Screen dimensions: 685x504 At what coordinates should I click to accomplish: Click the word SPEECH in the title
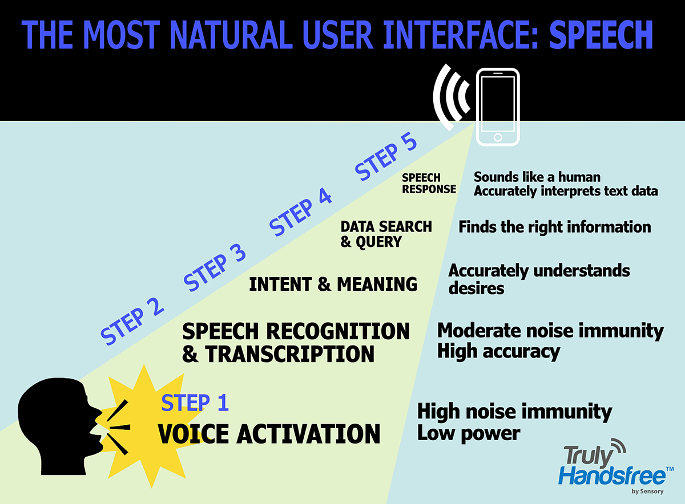click(601, 35)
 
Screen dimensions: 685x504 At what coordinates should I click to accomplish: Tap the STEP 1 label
click(195, 403)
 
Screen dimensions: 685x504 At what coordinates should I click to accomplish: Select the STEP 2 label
click(132, 322)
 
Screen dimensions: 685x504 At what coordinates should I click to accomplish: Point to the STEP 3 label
click(215, 267)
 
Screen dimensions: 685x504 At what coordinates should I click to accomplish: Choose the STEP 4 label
click(300, 212)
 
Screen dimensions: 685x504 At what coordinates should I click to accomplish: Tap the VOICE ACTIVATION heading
click(269, 434)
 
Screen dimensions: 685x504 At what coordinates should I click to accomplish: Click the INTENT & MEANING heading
click(333, 284)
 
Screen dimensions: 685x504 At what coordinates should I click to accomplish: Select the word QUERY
click(378, 242)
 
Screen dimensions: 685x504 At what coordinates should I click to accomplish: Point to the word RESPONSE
click(429, 189)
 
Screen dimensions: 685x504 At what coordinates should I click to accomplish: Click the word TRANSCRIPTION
click(289, 353)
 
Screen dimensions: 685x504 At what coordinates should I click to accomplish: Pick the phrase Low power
click(469, 433)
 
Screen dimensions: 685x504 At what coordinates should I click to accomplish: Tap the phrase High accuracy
click(499, 352)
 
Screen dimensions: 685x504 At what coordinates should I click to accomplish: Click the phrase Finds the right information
click(555, 227)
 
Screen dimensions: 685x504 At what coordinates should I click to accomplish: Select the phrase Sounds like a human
click(537, 177)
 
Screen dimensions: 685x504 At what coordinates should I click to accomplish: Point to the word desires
click(476, 288)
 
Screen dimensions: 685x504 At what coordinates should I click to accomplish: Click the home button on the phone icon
click(498, 137)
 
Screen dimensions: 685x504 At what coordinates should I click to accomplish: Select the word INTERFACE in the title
click(461, 35)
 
